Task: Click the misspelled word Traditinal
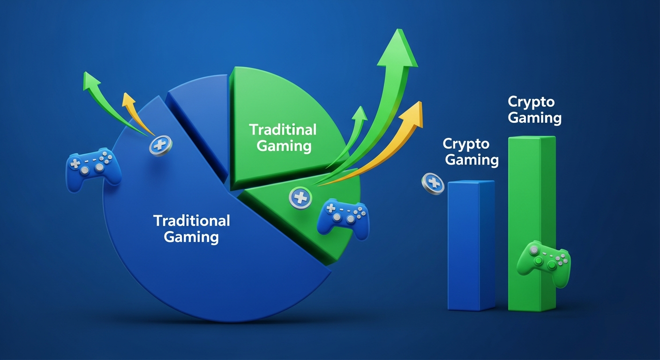[283, 129]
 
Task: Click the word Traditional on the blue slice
[191, 220]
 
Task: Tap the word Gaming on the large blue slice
[191, 237]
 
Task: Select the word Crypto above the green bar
[531, 102]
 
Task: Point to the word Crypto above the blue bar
[466, 143]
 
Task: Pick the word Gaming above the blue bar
[472, 160]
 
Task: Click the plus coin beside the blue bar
[432, 183]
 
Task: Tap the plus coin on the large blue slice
[160, 146]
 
